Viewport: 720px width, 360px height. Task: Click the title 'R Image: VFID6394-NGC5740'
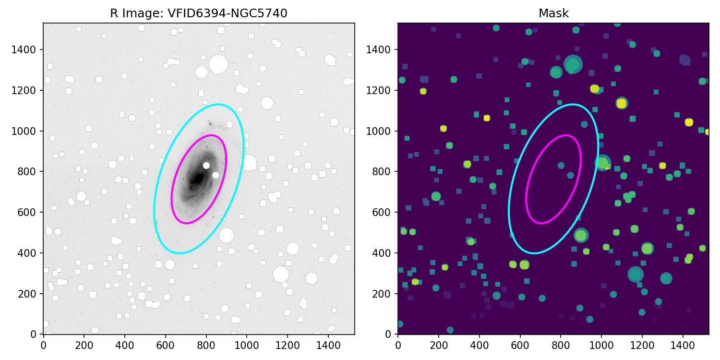pos(199,13)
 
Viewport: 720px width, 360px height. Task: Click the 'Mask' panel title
pos(553,13)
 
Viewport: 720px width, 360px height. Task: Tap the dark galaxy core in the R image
pos(198,179)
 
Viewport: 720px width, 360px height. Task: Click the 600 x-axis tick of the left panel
pos(166,344)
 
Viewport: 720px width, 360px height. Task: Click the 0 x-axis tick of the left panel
pos(44,344)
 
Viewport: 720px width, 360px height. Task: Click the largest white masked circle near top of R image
pos(218,64)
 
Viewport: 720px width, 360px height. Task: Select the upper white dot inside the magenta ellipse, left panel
pos(206,165)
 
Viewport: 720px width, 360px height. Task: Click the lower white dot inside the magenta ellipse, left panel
pos(216,175)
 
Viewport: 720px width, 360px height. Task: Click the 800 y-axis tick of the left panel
pos(35,171)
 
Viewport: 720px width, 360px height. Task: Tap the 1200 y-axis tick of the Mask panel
pos(385,90)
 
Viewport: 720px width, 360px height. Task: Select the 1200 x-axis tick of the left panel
pos(288,344)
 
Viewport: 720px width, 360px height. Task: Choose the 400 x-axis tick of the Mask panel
pos(479,344)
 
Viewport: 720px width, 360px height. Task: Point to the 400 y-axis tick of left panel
pos(35,252)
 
